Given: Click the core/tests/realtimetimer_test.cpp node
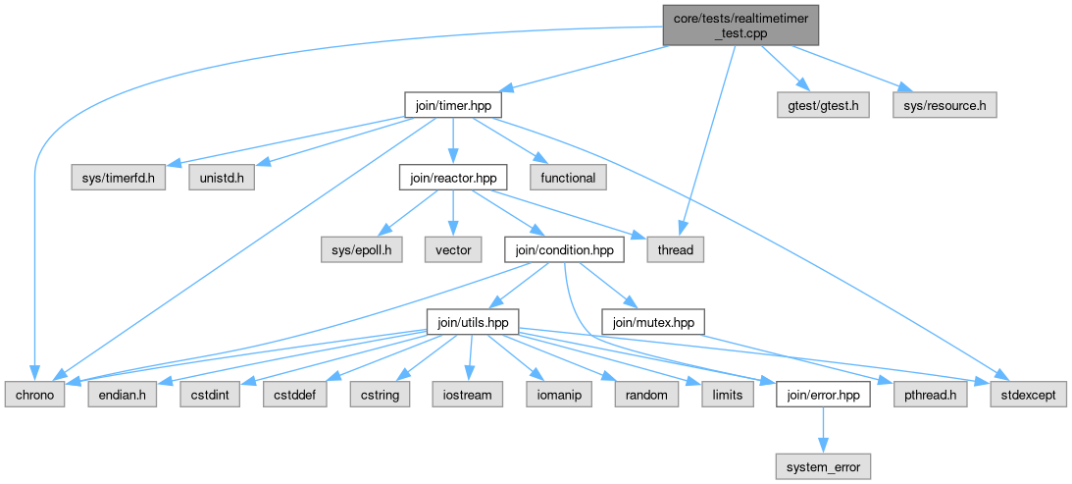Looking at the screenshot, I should tap(740, 25).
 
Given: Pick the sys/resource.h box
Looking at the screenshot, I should tap(944, 104).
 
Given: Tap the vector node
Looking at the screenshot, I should tap(451, 250).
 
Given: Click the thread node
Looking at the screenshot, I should tap(675, 250).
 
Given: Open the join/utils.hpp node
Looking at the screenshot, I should tap(472, 321).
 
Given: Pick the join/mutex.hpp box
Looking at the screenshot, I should tap(652, 321).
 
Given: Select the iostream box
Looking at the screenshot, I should tap(468, 395).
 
